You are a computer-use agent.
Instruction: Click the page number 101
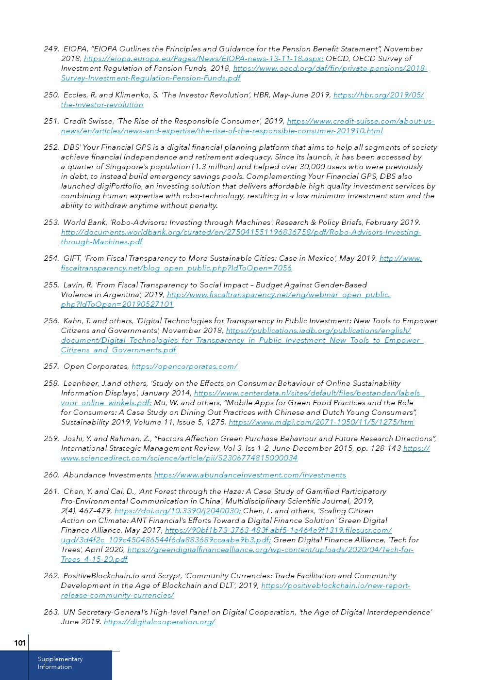click(19, 643)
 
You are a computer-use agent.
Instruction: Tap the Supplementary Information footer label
click(60, 663)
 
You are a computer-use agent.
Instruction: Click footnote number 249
click(51, 49)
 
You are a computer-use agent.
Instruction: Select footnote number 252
click(51, 147)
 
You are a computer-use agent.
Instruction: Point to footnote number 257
click(51, 367)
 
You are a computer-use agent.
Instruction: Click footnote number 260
click(51, 475)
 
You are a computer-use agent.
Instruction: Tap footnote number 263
click(51, 612)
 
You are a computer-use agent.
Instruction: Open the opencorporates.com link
click(184, 367)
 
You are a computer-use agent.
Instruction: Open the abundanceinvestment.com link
click(250, 475)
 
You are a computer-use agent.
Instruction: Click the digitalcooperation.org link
click(159, 622)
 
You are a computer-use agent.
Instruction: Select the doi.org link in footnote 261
click(178, 511)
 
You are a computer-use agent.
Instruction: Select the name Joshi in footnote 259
click(73, 439)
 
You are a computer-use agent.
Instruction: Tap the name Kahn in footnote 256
click(73, 321)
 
